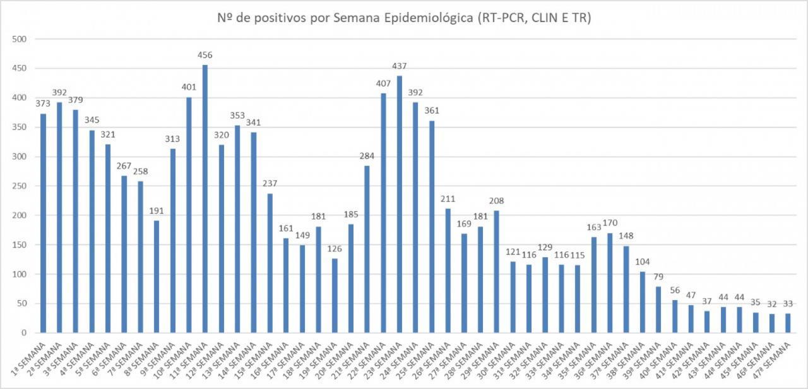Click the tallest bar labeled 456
pos(205,199)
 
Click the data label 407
pos(383,83)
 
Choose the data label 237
pos(270,183)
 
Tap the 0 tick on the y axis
pos(23,333)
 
